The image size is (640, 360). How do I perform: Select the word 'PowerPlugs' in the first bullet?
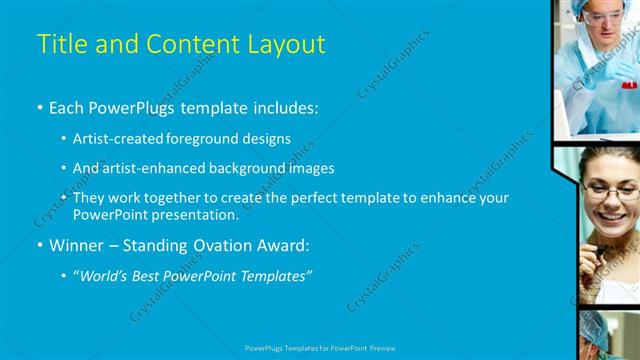(x=135, y=105)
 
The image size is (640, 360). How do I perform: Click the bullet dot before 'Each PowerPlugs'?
(x=40, y=106)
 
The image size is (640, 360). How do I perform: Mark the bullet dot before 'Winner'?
(x=40, y=246)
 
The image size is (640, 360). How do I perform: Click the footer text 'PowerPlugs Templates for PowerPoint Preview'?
(x=319, y=348)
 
